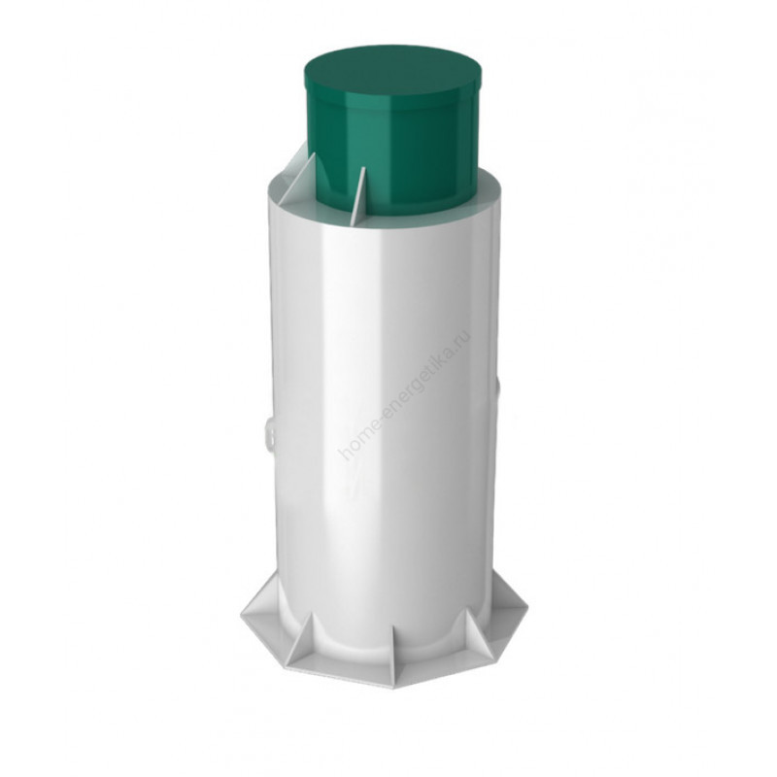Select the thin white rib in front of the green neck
(x=357, y=197)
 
